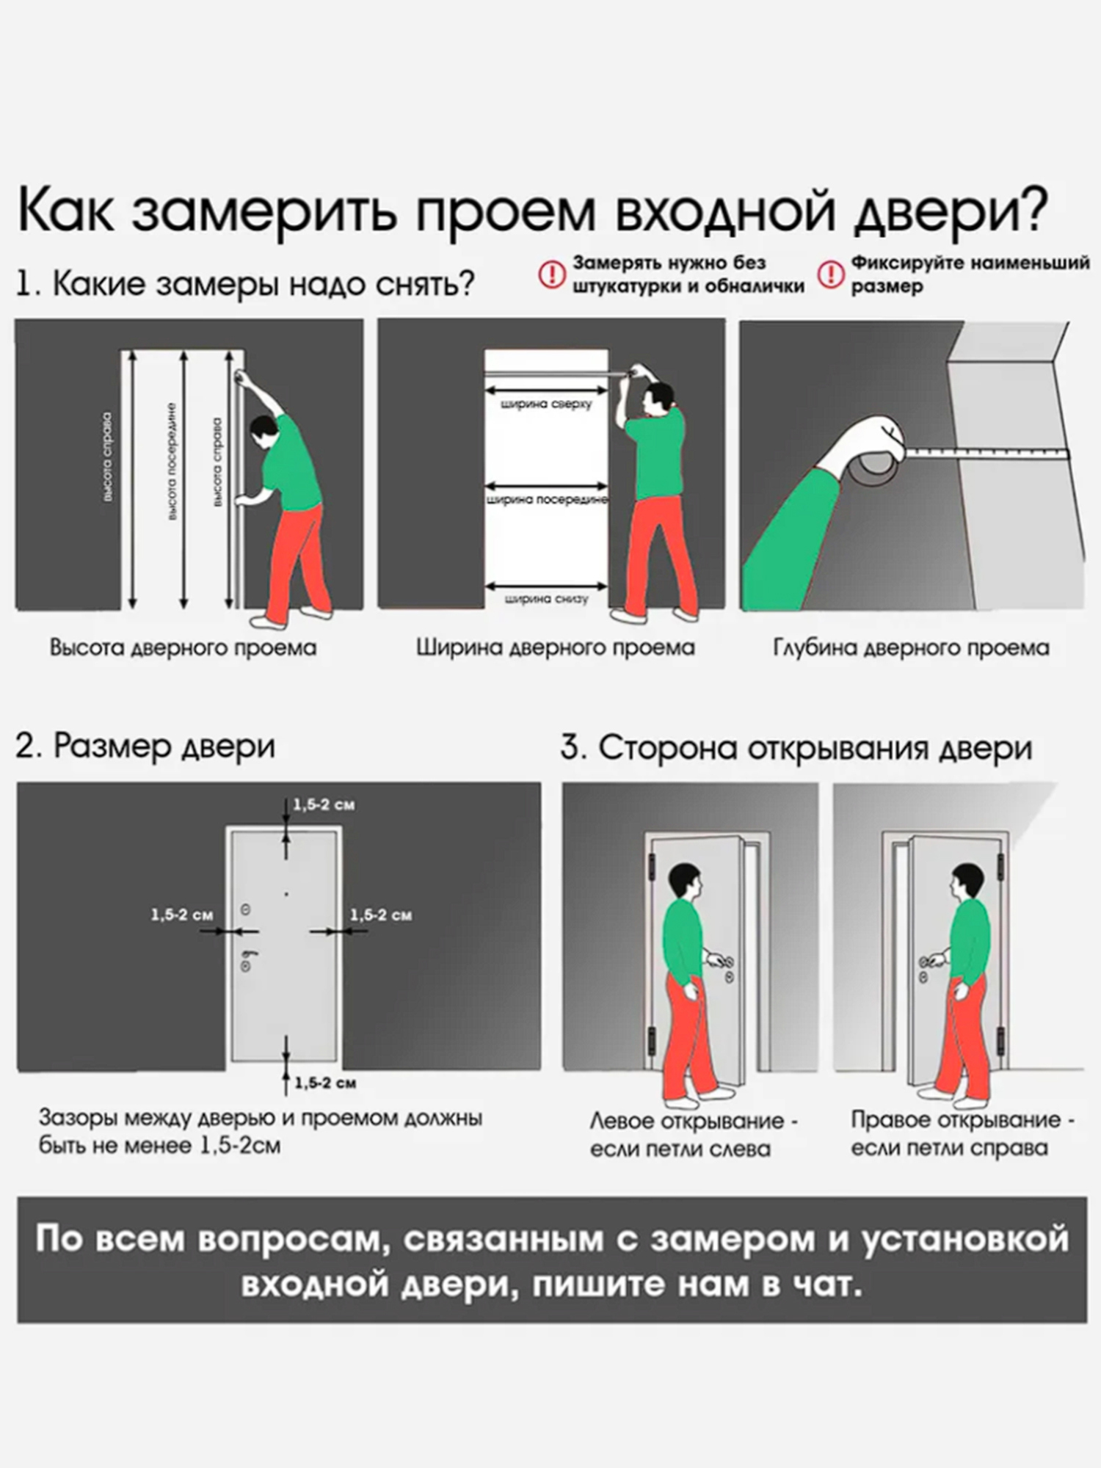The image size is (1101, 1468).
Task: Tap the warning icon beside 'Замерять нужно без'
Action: click(x=552, y=275)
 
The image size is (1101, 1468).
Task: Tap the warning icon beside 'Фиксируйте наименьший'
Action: click(x=831, y=275)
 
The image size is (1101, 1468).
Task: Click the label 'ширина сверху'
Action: click(x=545, y=404)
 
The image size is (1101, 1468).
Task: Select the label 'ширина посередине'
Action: click(x=547, y=500)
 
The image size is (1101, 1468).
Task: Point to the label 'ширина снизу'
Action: click(x=546, y=599)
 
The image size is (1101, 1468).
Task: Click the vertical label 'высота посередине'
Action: click(x=172, y=462)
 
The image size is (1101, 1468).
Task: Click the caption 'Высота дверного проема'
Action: click(x=183, y=647)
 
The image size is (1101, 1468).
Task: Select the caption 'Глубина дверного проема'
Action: click(x=911, y=647)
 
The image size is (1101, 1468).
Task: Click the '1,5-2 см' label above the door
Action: click(x=324, y=804)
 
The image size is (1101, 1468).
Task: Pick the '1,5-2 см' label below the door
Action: click(x=325, y=1083)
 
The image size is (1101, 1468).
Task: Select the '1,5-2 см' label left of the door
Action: click(x=181, y=915)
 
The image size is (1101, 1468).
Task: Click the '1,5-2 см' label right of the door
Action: click(x=380, y=915)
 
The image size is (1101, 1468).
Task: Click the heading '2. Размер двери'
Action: click(x=145, y=746)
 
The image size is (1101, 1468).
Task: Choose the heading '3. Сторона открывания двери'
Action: click(x=796, y=748)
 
